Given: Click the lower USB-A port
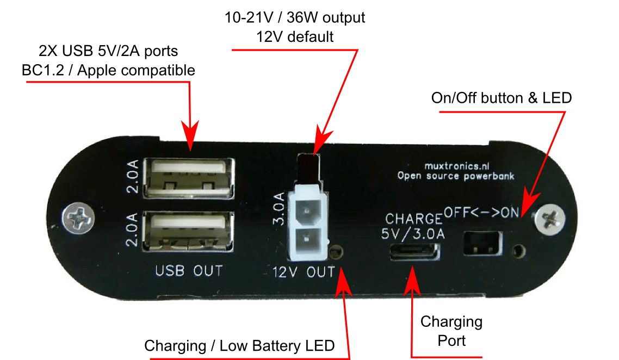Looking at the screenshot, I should click(x=188, y=231).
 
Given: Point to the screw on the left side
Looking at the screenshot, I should click(x=74, y=218).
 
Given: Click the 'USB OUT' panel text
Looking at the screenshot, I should click(x=189, y=270).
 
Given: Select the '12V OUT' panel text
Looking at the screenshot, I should click(x=304, y=271).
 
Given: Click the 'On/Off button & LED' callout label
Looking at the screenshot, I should click(x=501, y=98).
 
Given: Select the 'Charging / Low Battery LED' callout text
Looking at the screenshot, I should click(x=239, y=345).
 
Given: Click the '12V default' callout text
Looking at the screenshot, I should click(x=295, y=37).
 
